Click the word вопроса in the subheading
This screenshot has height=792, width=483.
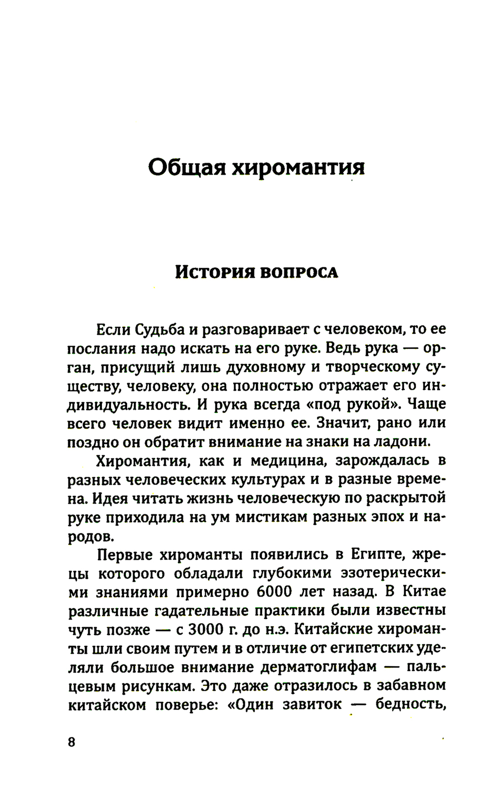299,273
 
